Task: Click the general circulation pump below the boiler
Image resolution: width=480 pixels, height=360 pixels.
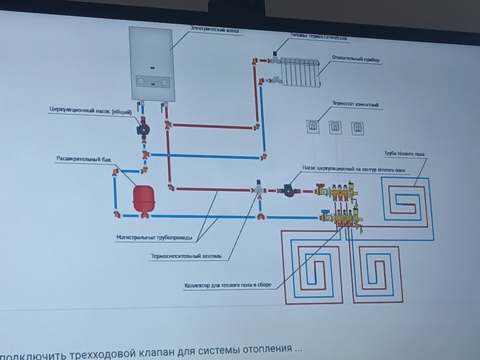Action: point(141,129)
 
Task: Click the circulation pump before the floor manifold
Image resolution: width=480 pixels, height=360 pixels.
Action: point(289,190)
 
